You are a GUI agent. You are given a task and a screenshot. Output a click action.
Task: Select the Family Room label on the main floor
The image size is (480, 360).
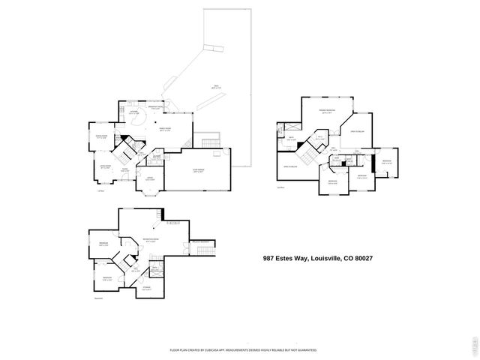(x=163, y=129)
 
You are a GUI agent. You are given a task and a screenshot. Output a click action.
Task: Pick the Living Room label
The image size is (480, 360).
(x=106, y=166)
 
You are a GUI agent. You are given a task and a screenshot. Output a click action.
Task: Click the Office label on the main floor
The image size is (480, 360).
(x=149, y=178)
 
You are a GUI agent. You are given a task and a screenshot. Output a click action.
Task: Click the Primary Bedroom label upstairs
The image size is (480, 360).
(x=326, y=112)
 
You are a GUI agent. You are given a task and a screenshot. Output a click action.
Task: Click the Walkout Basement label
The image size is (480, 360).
(x=199, y=241)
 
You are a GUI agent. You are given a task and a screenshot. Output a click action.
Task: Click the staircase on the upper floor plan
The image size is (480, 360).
(x=307, y=157)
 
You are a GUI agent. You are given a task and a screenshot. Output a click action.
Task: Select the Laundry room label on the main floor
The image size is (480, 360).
(x=157, y=157)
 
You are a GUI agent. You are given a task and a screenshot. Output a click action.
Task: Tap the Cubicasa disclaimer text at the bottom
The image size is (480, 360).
(x=243, y=349)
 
